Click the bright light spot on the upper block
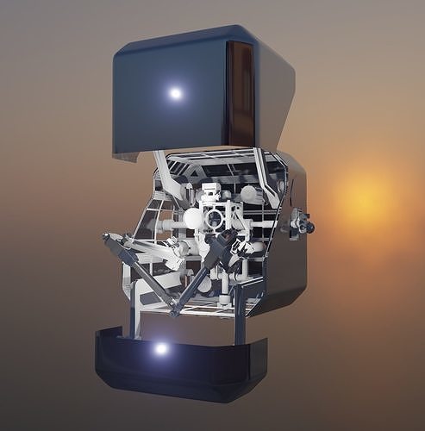[x=176, y=93]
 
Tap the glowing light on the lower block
[x=161, y=349]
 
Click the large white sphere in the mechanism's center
[x=193, y=219]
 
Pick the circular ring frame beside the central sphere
[x=216, y=216]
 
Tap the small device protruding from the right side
[x=300, y=223]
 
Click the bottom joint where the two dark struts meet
[x=175, y=309]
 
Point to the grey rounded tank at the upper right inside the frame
[x=250, y=194]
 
